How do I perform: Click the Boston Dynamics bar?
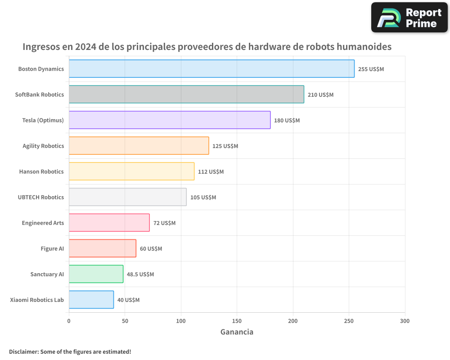click(211, 69)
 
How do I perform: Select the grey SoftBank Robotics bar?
click(186, 94)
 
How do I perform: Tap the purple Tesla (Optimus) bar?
click(170, 120)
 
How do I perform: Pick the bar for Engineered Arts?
click(109, 223)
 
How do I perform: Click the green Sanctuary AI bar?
click(96, 274)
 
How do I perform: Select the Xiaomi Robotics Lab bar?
click(91, 300)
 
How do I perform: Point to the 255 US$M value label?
click(371, 69)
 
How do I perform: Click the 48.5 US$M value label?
click(140, 274)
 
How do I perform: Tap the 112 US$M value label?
click(211, 172)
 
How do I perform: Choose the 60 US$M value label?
click(151, 249)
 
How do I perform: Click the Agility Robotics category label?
click(43, 146)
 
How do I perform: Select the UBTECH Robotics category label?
click(40, 197)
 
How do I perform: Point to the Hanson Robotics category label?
click(41, 171)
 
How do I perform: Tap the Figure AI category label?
click(52, 248)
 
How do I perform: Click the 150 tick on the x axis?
click(237, 321)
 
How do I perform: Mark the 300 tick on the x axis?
click(405, 321)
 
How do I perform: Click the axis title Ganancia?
click(237, 332)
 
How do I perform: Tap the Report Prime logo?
click(409, 18)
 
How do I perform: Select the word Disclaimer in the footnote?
click(23, 351)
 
